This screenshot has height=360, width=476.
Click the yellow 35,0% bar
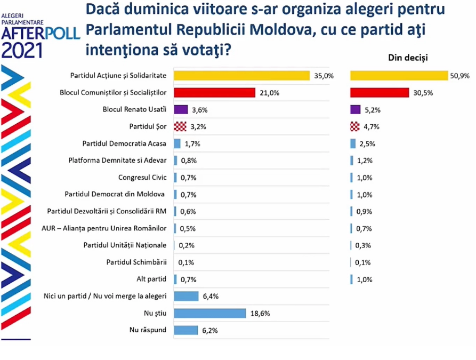[x=241, y=76]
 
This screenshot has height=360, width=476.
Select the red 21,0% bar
[x=214, y=93]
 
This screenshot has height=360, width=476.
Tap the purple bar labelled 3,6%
[x=181, y=110]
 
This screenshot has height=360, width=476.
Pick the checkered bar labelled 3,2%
[x=180, y=127]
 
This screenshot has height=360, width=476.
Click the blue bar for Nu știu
[x=209, y=313]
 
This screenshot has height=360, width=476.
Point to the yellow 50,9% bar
[x=398, y=76]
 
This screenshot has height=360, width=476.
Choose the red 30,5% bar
[x=379, y=93]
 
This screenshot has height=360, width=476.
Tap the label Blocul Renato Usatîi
[x=135, y=110]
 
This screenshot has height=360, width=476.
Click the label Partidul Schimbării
[x=136, y=262]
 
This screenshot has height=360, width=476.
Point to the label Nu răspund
[x=148, y=330]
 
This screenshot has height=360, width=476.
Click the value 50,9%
[x=458, y=76]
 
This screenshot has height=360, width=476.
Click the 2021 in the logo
[x=22, y=50]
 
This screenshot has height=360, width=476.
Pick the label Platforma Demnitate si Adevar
[x=118, y=160]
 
